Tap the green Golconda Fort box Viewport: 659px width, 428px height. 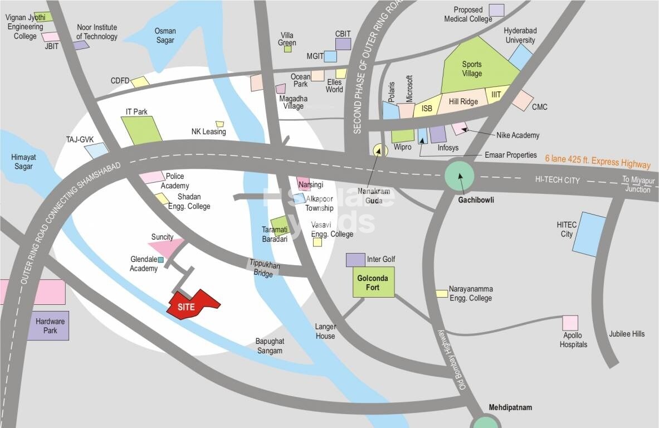pyautogui.click(x=373, y=282)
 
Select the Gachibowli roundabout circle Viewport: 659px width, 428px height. pyautogui.click(x=460, y=176)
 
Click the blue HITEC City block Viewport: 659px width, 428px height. pyautogui.click(x=589, y=234)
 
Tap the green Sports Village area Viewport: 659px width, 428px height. pyautogui.click(x=473, y=68)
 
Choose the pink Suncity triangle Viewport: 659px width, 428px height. pyautogui.click(x=168, y=246)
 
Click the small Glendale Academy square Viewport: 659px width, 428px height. pyautogui.click(x=161, y=260)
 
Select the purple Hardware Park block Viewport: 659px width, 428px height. pyautogui.click(x=49, y=325)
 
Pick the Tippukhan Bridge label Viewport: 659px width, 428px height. pyautogui.click(x=264, y=268)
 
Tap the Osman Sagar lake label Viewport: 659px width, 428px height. pyautogui.click(x=165, y=36)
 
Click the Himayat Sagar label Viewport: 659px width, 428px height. pyautogui.click(x=23, y=162)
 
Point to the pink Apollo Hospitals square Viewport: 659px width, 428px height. pyautogui.click(x=570, y=323)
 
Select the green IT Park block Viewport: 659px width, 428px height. pyautogui.click(x=141, y=130)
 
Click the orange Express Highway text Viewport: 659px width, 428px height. pyautogui.click(x=597, y=162)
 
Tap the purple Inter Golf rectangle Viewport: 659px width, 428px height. pyautogui.click(x=355, y=260)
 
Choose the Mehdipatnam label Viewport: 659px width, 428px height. pyautogui.click(x=510, y=407)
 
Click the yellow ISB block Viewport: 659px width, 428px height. pyautogui.click(x=427, y=109)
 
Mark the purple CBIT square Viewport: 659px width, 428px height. pyautogui.click(x=343, y=43)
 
